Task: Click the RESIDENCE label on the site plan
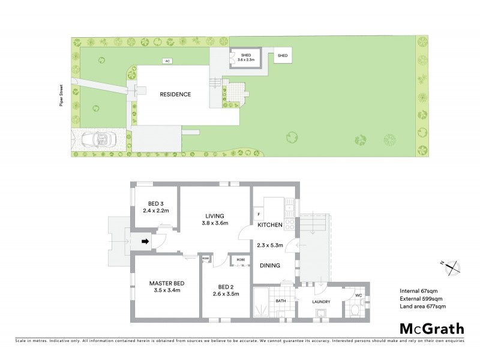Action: tap(175, 94)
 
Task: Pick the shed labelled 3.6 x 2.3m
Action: tap(245, 58)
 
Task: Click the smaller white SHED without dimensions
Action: tap(282, 56)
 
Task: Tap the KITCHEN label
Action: tap(270, 225)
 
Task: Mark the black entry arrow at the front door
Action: tap(145, 242)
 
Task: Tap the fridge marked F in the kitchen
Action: tap(258, 214)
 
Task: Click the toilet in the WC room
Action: tap(355, 311)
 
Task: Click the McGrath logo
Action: tap(431, 328)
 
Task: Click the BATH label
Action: tap(281, 301)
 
